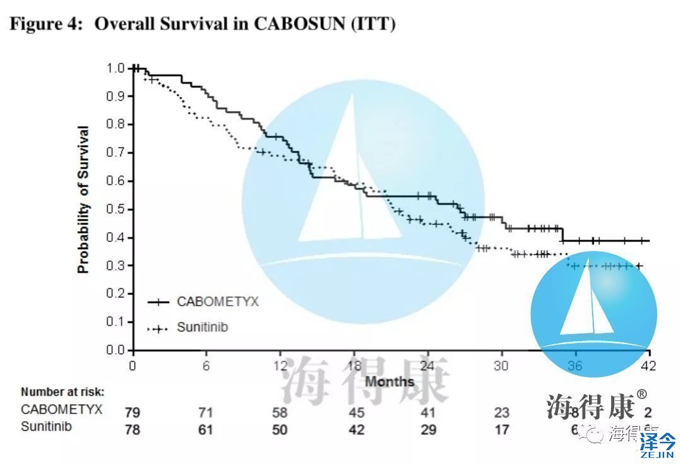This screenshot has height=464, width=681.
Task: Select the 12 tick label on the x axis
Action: click(x=279, y=366)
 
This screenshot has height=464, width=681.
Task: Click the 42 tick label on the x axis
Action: click(x=649, y=366)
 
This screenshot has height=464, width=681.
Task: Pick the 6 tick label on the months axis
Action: click(x=206, y=366)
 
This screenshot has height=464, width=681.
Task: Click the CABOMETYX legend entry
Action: click(x=218, y=301)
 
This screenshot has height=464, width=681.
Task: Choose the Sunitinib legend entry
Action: click(x=202, y=328)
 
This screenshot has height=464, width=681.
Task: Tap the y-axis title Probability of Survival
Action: click(x=83, y=200)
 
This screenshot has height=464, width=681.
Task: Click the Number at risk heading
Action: click(x=62, y=391)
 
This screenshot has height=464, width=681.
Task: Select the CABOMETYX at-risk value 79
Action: click(x=132, y=413)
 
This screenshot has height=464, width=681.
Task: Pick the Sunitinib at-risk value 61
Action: click(x=206, y=430)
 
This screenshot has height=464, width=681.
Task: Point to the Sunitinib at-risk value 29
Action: click(x=428, y=430)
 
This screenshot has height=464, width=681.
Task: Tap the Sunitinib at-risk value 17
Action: click(x=501, y=430)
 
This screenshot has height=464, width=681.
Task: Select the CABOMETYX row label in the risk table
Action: click(x=61, y=410)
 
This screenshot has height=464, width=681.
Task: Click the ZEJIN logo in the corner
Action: click(x=658, y=444)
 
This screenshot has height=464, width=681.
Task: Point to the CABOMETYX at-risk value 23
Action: click(x=501, y=413)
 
